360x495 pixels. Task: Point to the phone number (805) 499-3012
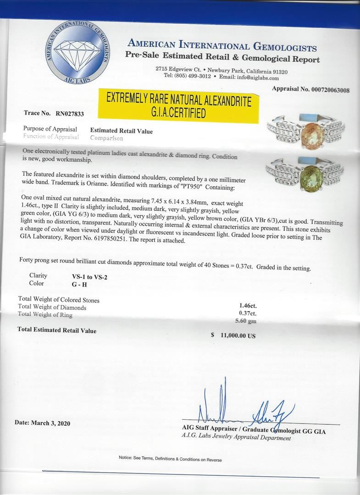192,76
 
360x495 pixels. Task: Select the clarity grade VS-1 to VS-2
89,277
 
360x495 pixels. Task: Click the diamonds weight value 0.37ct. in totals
248,313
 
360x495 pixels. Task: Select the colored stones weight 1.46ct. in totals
248,305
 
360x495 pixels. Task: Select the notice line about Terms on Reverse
170,458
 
